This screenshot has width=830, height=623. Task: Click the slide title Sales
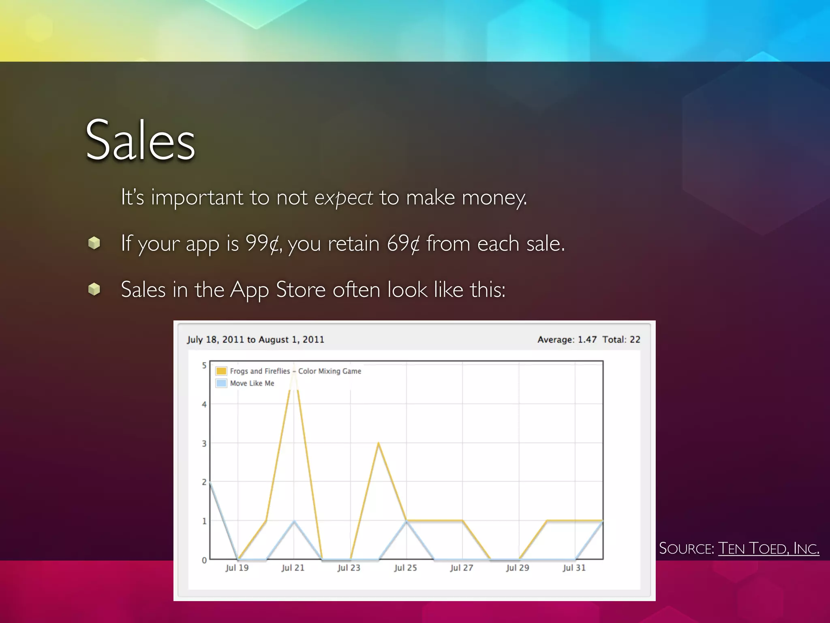point(140,140)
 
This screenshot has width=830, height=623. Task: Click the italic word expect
point(344,198)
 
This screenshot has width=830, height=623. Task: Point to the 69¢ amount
point(403,243)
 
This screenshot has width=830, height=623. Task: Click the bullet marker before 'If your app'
point(94,243)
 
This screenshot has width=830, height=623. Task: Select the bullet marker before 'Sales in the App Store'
point(94,289)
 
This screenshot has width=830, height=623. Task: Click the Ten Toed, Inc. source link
point(768,548)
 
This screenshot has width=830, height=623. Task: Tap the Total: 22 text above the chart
point(621,339)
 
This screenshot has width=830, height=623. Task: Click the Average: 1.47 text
point(567,339)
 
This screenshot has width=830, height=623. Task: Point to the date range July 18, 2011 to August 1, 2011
point(255,339)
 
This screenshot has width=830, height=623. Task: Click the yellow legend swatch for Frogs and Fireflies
point(221,371)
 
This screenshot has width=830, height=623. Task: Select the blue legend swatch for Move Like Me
point(221,383)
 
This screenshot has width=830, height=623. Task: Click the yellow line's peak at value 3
point(378,443)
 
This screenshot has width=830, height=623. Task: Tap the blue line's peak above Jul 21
point(294,521)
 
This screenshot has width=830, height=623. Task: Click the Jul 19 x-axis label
point(237,568)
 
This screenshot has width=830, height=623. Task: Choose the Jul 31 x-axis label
point(574,568)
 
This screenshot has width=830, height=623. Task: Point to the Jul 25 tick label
point(405,568)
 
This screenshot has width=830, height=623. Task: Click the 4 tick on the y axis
point(204,404)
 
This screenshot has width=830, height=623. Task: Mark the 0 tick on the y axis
point(204,560)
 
